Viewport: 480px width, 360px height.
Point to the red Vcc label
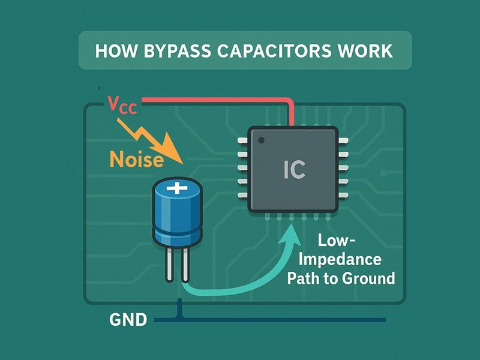pos(122,104)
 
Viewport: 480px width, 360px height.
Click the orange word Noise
pos(136,160)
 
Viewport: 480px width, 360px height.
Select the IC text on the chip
pos(294,170)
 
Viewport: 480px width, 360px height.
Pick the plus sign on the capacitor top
pos(177,188)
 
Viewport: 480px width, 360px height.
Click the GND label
pos(128,320)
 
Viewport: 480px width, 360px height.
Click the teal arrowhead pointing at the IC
pos(291,230)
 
